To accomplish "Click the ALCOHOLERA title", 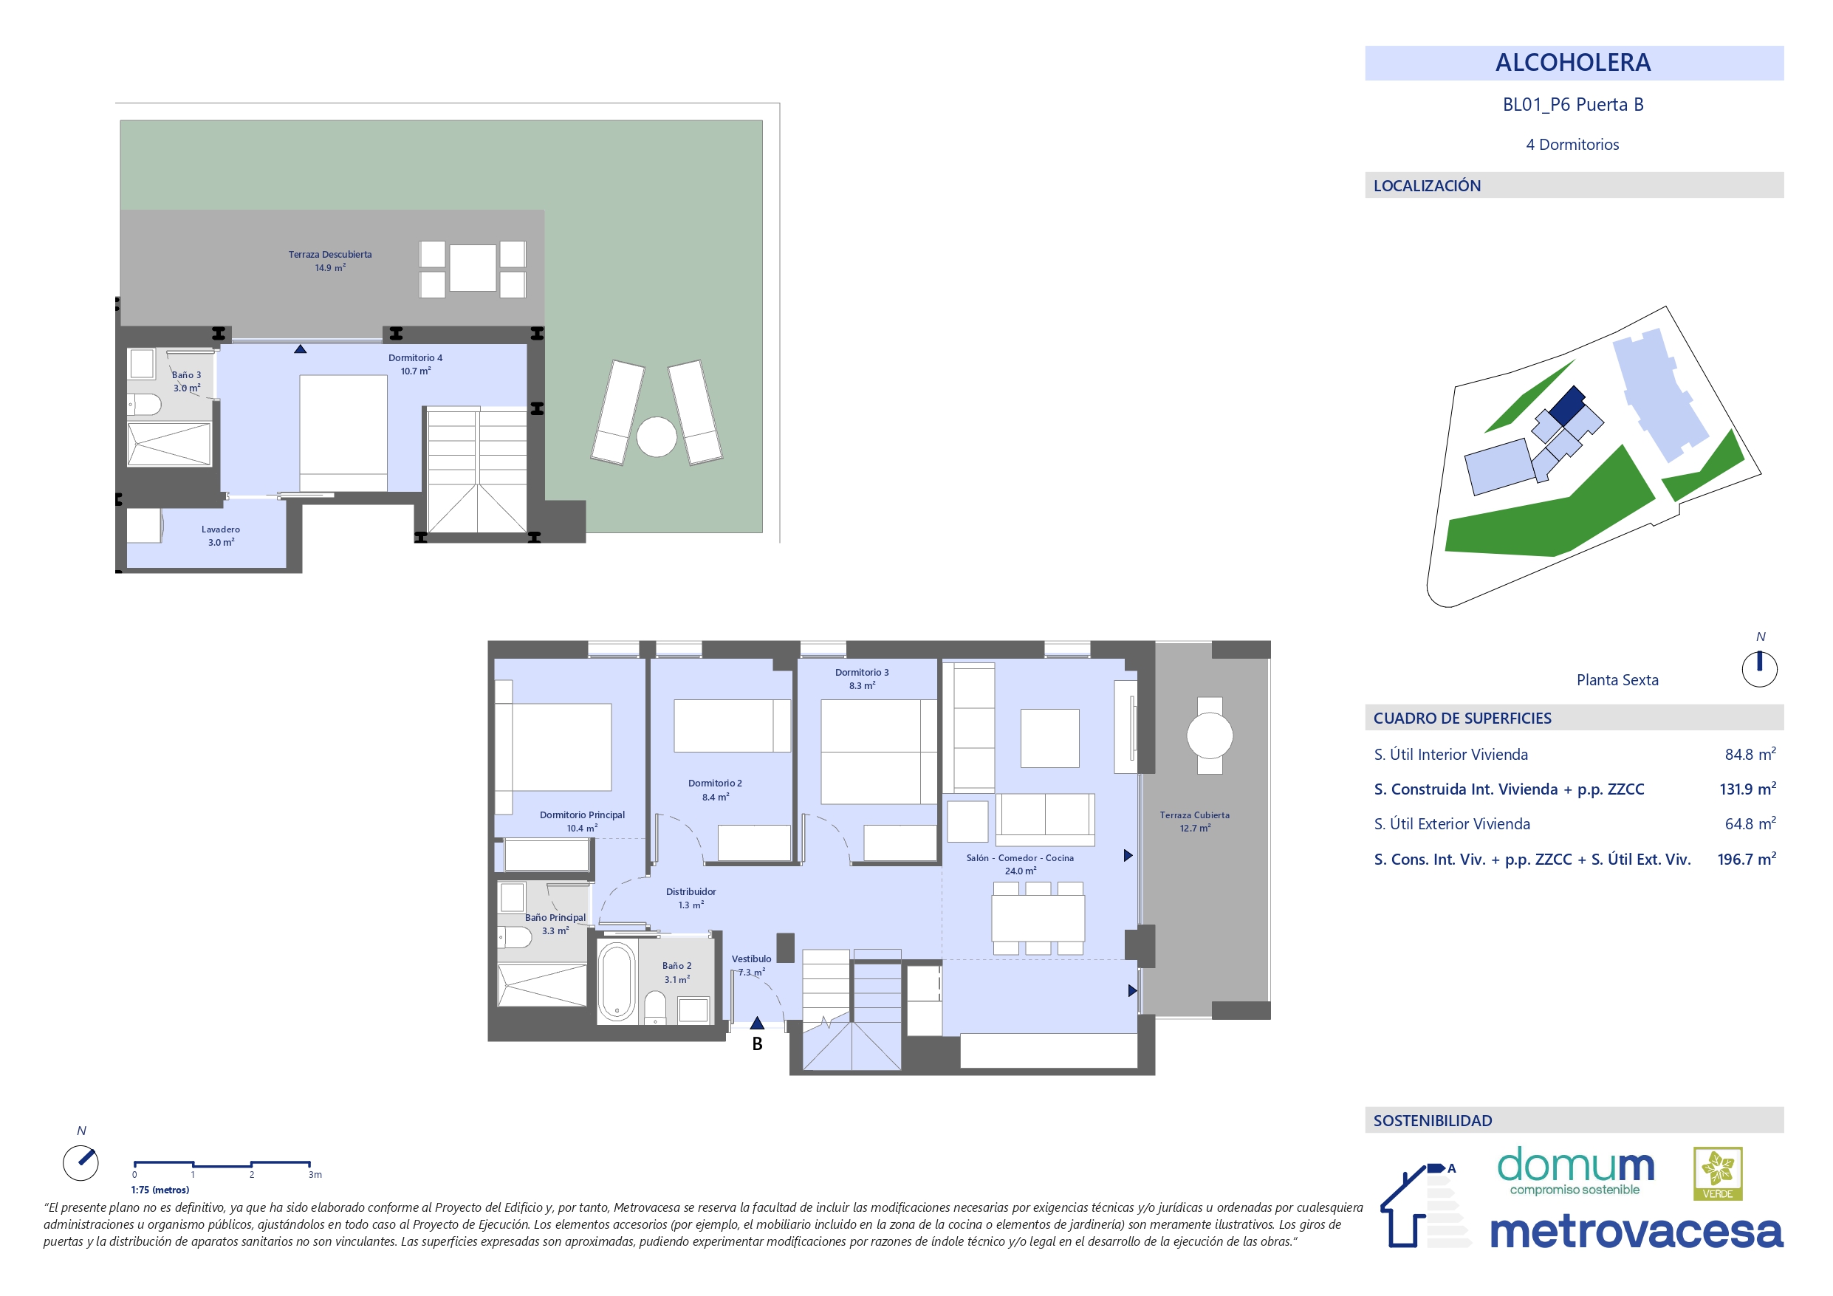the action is (1573, 62).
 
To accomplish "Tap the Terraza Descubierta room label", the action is (329, 255).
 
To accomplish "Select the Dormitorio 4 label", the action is (415, 357).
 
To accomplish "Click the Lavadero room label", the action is (220, 529).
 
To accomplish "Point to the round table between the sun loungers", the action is (657, 436).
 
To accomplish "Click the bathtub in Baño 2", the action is (617, 981).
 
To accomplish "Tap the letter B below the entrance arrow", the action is (757, 1043).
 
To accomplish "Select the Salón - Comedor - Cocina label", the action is (1019, 857).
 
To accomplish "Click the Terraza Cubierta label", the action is (1194, 815).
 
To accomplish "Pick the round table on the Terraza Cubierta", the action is (1210, 736).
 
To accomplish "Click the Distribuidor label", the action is (691, 892).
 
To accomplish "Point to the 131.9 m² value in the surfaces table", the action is (1747, 789).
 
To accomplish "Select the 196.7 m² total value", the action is (1747, 860).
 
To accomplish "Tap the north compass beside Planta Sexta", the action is (1760, 668).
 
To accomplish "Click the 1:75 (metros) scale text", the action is (160, 1190).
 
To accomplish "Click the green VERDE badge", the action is (1717, 1174).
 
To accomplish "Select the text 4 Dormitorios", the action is (1572, 145).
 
